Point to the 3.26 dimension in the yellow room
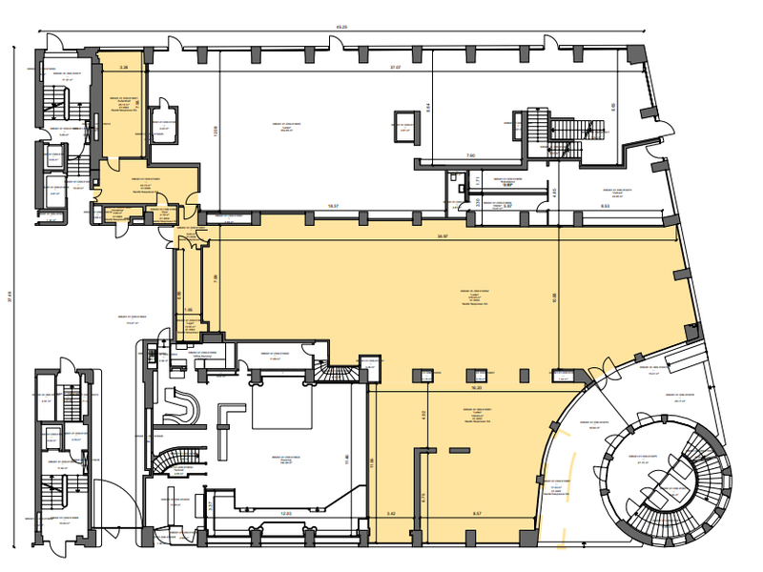click(x=124, y=68)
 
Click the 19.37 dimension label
click(x=334, y=205)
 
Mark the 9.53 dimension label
click(x=606, y=205)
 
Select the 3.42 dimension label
click(x=391, y=515)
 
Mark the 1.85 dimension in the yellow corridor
click(x=188, y=310)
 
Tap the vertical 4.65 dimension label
click(x=554, y=194)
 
